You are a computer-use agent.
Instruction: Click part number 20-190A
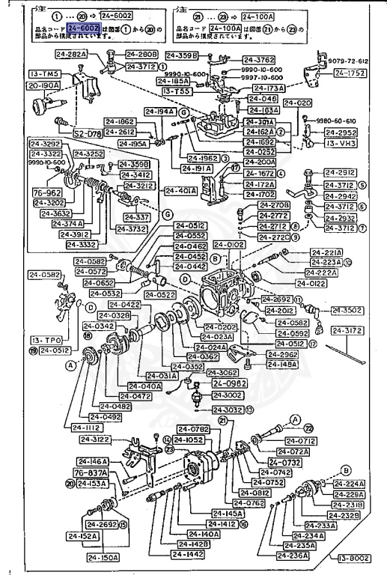24,86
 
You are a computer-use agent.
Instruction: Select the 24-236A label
288,556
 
